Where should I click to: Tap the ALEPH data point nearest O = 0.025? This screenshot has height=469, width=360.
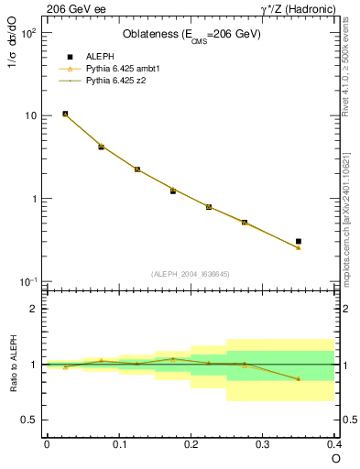tap(65, 114)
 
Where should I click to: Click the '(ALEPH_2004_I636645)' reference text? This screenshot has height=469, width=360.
tap(191, 274)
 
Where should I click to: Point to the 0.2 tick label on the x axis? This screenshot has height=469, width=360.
tap(191, 444)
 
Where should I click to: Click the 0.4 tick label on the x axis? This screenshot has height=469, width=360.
tap(335, 444)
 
